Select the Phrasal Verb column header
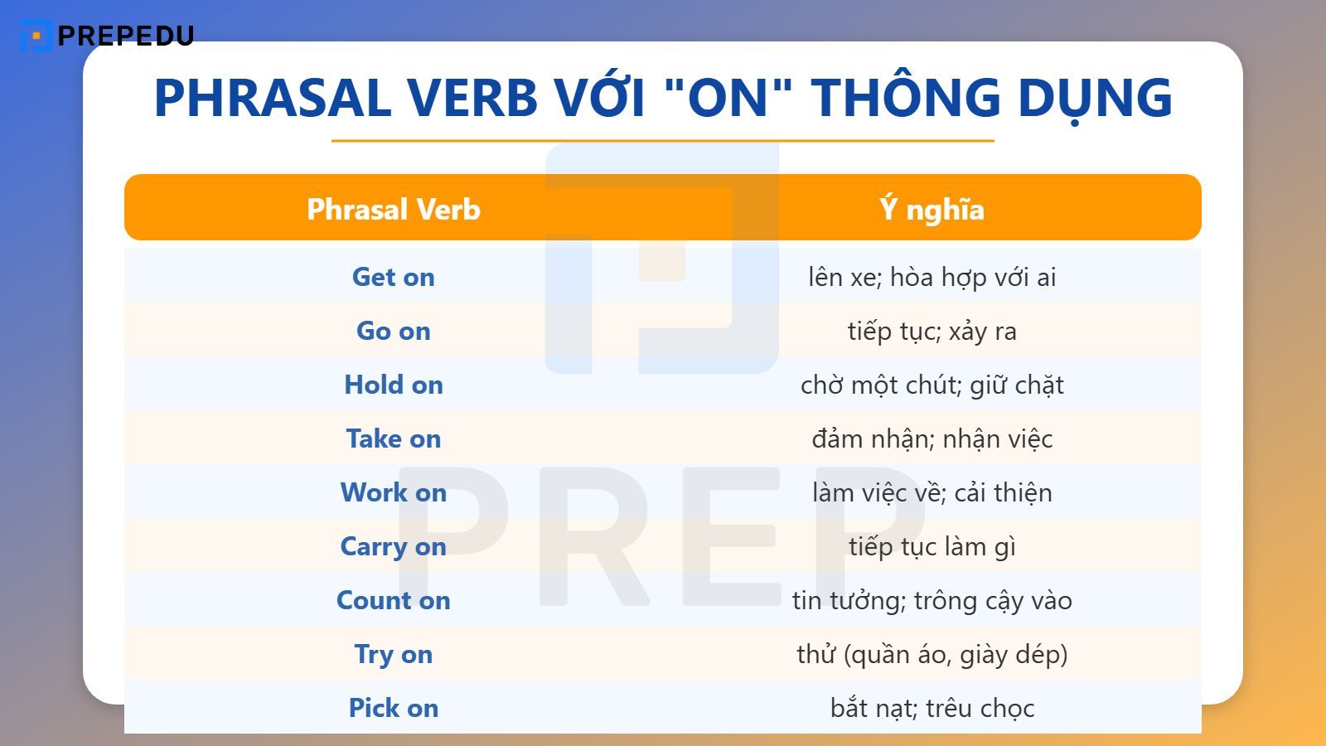pyautogui.click(x=394, y=209)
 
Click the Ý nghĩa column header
pyautogui.click(x=932, y=209)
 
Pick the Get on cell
pyautogui.click(x=394, y=277)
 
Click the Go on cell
pyautogui.click(x=394, y=331)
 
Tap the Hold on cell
pyautogui.click(x=394, y=385)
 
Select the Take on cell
pyautogui.click(x=394, y=438)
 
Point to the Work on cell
pyautogui.click(x=394, y=492)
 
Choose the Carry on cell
pyautogui.click(x=394, y=546)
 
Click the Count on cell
pyautogui.click(x=394, y=600)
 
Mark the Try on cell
pyautogui.click(x=394, y=654)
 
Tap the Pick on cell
pyautogui.click(x=394, y=708)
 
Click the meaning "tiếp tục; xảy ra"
pyautogui.click(x=932, y=331)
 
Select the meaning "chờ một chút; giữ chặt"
pyautogui.click(x=932, y=385)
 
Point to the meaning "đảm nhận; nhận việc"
pyautogui.click(x=932, y=438)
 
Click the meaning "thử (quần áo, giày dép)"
pyautogui.click(x=932, y=654)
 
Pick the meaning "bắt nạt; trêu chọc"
pyautogui.click(x=932, y=708)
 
